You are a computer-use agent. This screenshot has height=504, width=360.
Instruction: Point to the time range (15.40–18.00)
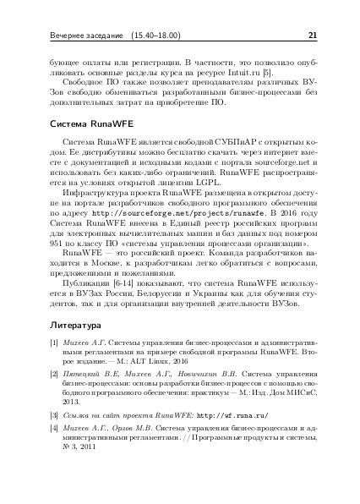(x=153, y=36)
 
